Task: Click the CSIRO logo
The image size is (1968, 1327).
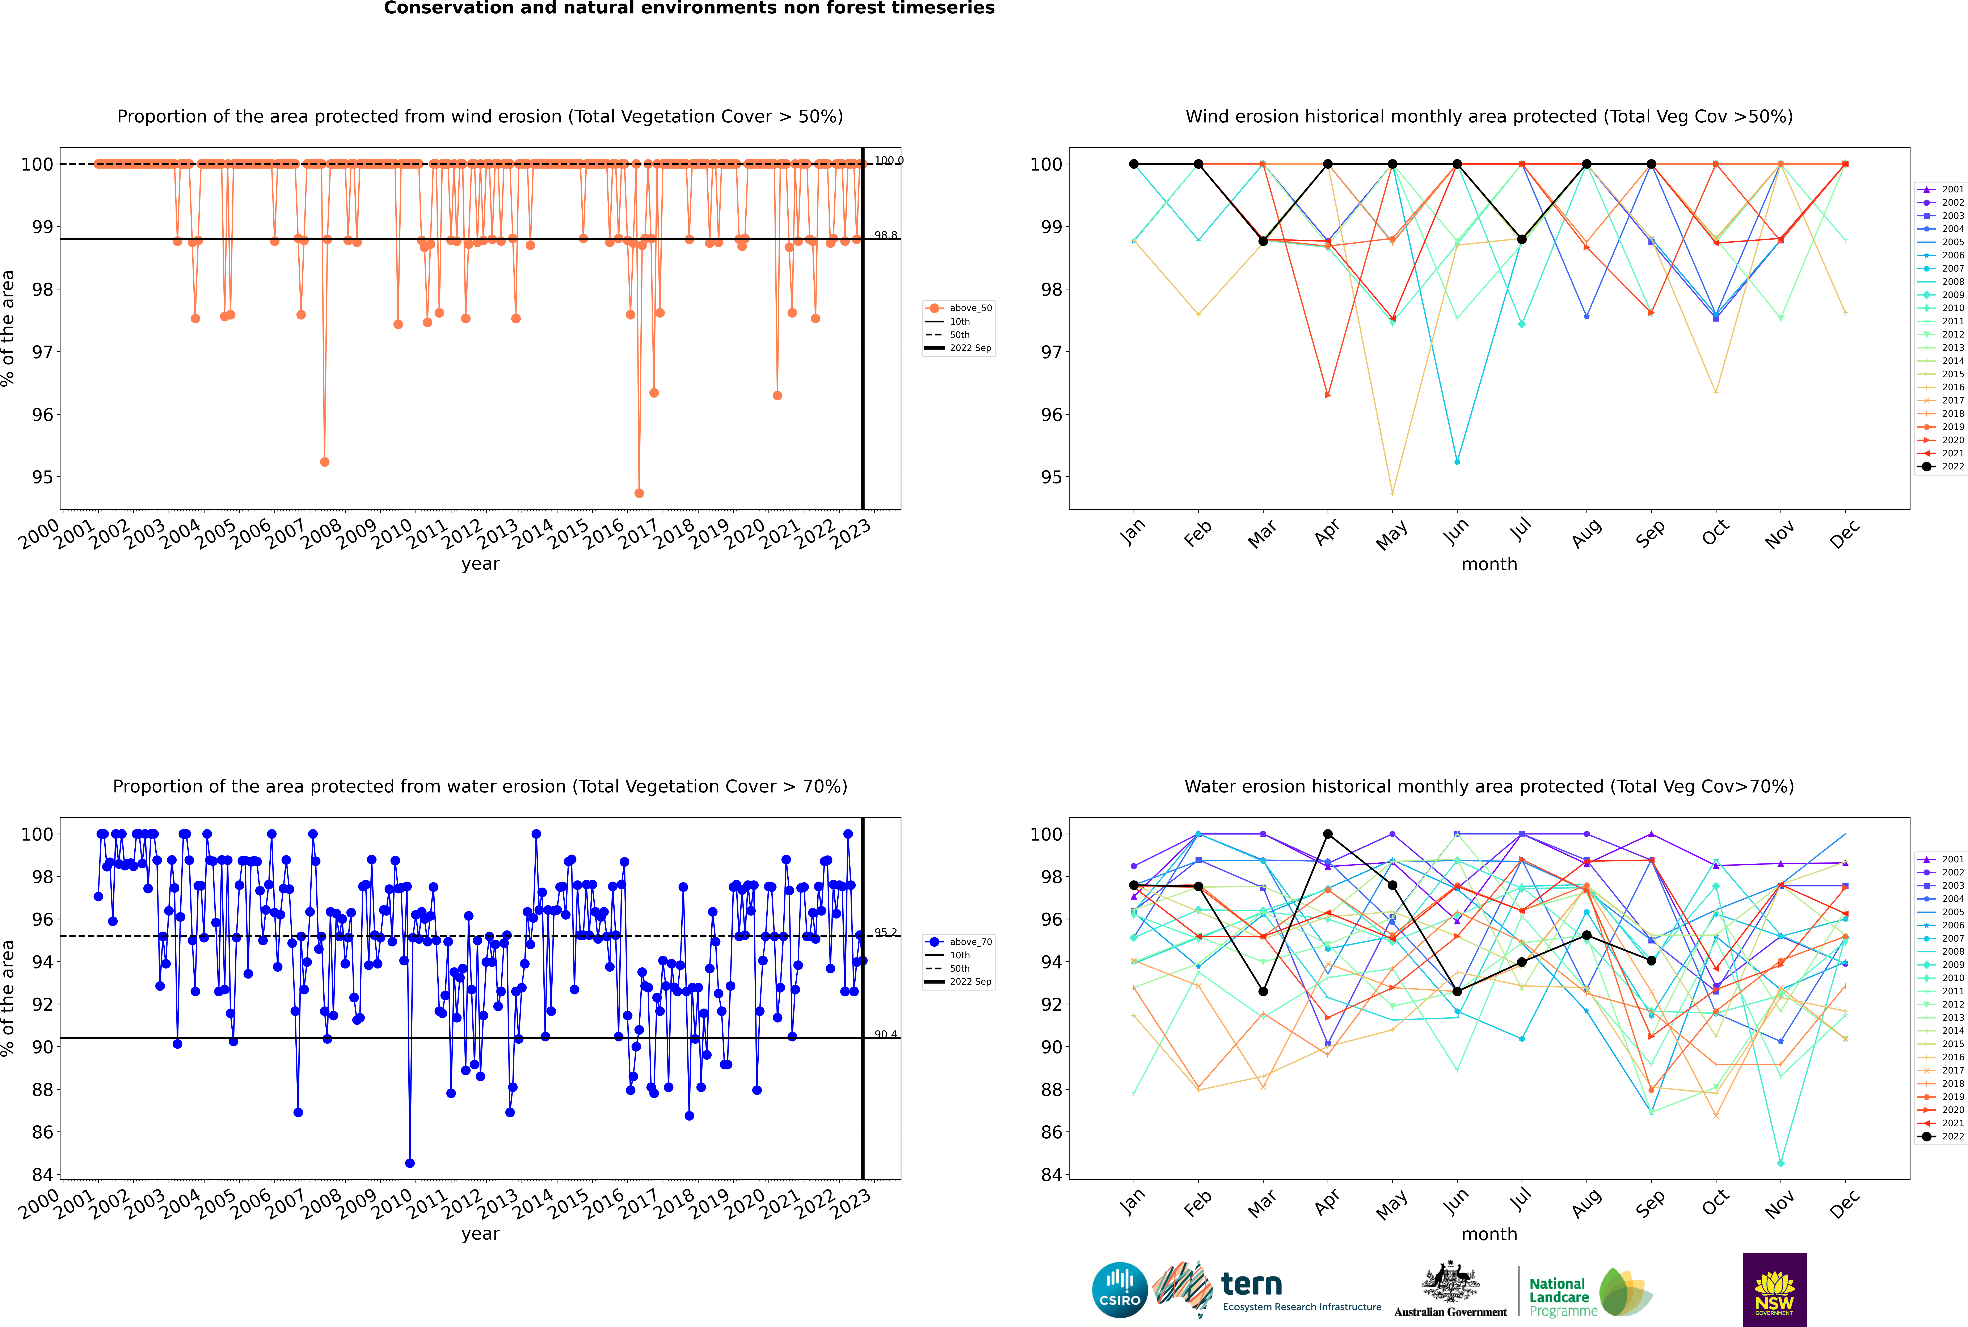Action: (x=1119, y=1290)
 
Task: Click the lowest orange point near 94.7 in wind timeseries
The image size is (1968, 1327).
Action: (x=639, y=493)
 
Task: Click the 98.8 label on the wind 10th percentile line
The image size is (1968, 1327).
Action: (x=886, y=235)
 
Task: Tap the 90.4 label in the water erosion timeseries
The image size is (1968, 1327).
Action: (x=886, y=1034)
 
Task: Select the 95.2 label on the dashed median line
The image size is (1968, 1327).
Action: (x=886, y=933)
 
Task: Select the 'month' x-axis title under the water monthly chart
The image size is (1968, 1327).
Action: (x=1489, y=1234)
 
